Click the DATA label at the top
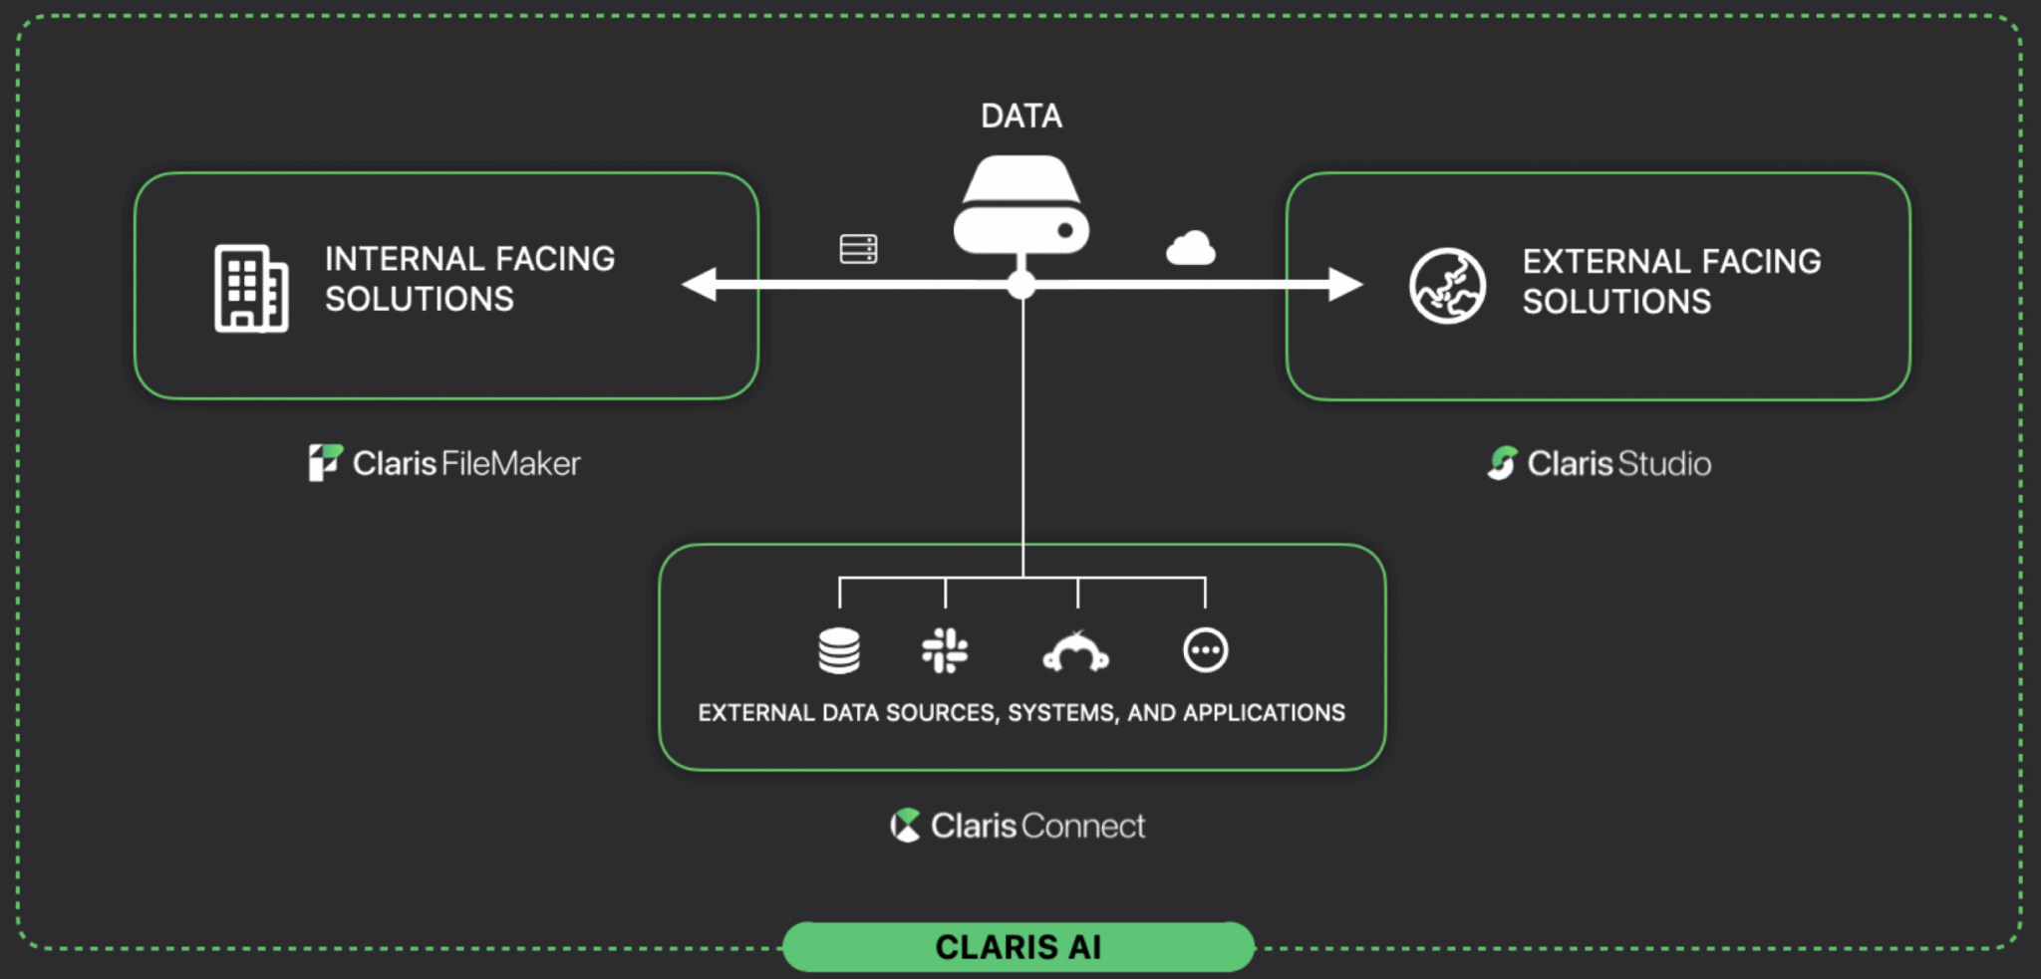(1020, 117)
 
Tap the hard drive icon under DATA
(1020, 206)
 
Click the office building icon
(251, 288)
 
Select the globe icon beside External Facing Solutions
(1447, 286)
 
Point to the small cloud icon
(1190, 248)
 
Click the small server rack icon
(858, 249)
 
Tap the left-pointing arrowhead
(700, 284)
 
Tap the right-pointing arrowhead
(1344, 284)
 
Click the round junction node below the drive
(1021, 285)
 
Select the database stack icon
(839, 651)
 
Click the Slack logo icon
(945, 650)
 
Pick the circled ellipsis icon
(1205, 650)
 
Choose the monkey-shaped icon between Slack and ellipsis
(1075, 652)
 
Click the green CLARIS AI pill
(1018, 946)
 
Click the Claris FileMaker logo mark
(325, 462)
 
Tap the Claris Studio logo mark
(1502, 462)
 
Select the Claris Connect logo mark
(905, 825)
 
